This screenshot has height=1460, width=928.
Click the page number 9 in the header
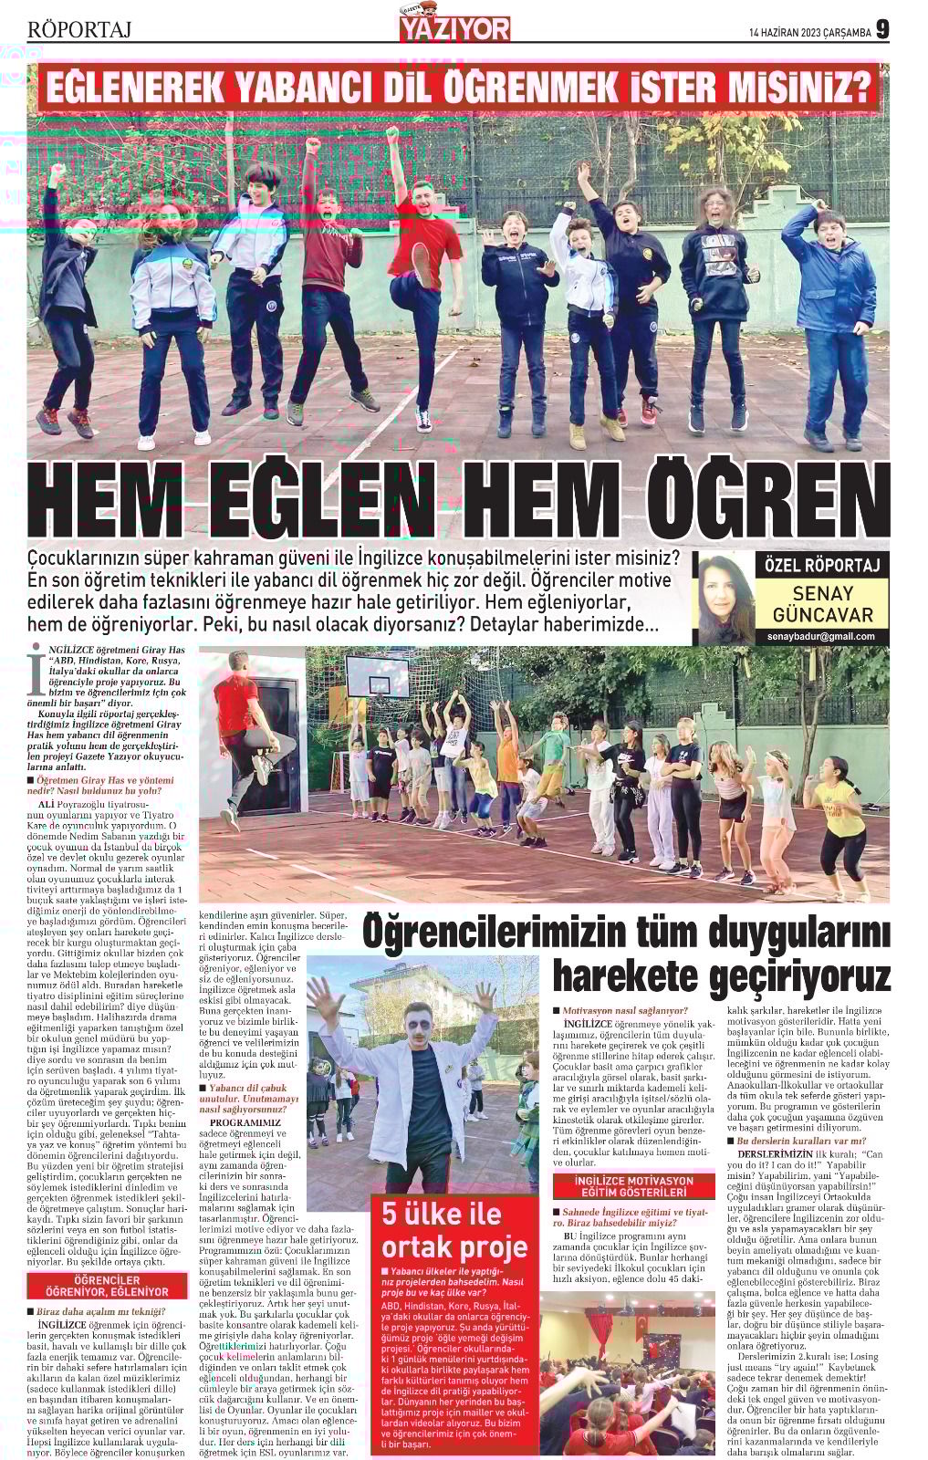tap(882, 29)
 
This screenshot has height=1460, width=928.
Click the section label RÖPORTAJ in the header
tap(80, 30)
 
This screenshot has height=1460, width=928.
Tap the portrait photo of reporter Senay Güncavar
tap(726, 599)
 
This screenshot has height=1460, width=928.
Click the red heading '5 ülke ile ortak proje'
tap(454, 1229)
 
